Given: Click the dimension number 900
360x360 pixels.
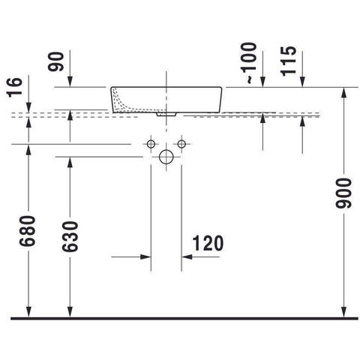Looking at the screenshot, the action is pyautogui.click(x=343, y=193).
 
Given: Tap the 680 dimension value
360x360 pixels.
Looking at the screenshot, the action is pyautogui.click(x=28, y=231).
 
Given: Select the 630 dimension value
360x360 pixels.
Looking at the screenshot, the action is pyautogui.click(x=70, y=236).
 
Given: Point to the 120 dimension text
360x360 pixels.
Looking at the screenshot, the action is pyautogui.click(x=208, y=243).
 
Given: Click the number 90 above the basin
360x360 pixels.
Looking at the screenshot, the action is pyautogui.click(x=56, y=61).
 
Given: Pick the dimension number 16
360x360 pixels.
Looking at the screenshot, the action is pyautogui.click(x=14, y=87).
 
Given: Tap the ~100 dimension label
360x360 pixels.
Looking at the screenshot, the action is pyautogui.click(x=249, y=63).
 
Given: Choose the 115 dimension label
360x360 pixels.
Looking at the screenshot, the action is pyautogui.click(x=288, y=61).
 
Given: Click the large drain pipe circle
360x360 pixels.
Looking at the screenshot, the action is pyautogui.click(x=166, y=157).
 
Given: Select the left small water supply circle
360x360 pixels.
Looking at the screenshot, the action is pyautogui.click(x=151, y=144).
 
